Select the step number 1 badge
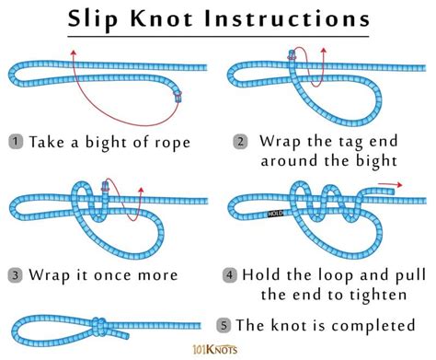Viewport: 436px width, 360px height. click(17, 143)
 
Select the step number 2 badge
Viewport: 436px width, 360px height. click(241, 143)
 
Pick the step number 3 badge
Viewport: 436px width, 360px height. click(17, 274)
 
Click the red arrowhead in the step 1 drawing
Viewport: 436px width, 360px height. click(72, 52)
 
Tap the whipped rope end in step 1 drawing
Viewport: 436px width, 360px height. click(177, 94)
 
